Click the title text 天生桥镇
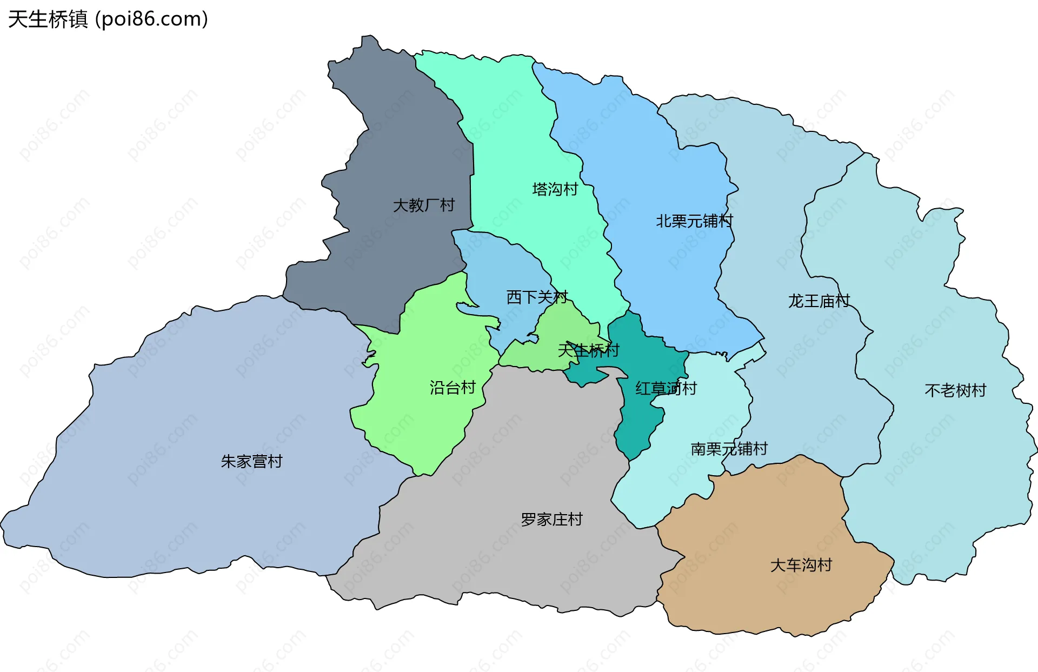click(48, 19)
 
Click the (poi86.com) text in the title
click(152, 19)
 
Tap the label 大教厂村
click(424, 205)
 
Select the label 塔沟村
click(555, 189)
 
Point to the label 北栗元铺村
click(694, 221)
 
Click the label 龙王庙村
click(819, 301)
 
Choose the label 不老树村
click(955, 390)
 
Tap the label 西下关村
click(537, 297)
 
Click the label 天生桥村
click(588, 350)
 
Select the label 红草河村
click(666, 388)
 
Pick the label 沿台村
click(453, 388)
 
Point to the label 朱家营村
click(251, 462)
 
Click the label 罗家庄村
click(551, 520)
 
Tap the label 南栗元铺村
click(729, 449)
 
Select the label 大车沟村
click(801, 565)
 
